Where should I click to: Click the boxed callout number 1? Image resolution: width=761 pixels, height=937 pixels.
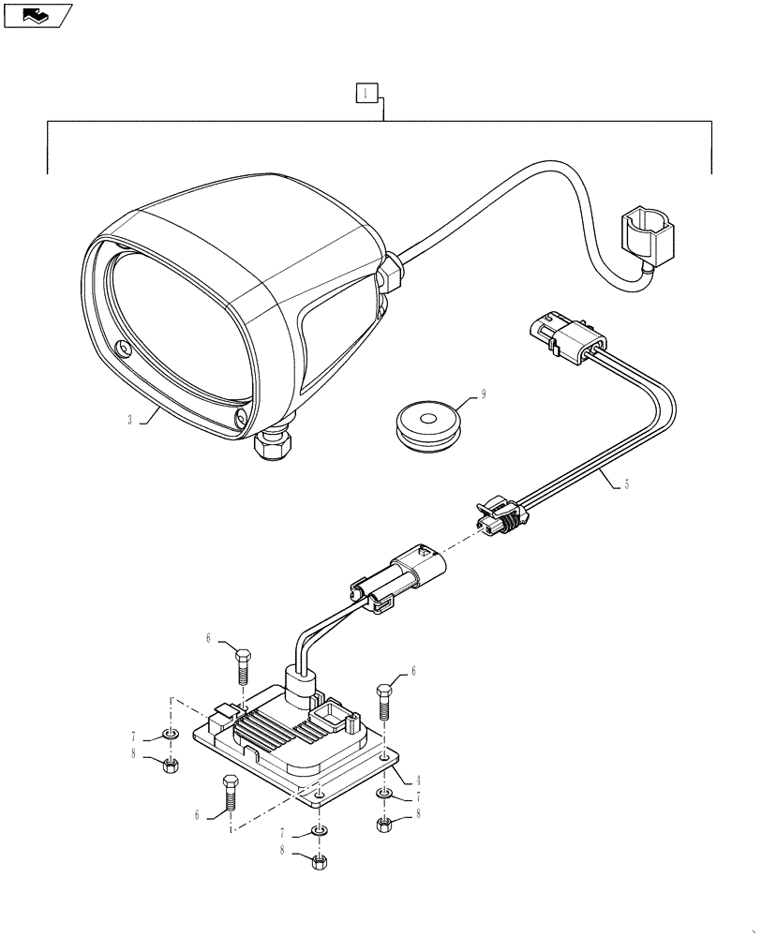pos(366,93)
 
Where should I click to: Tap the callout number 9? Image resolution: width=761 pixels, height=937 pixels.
pos(485,395)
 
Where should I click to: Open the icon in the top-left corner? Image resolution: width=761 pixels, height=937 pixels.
pos(37,15)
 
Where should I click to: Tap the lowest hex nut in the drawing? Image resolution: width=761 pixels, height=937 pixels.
pos(319,861)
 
